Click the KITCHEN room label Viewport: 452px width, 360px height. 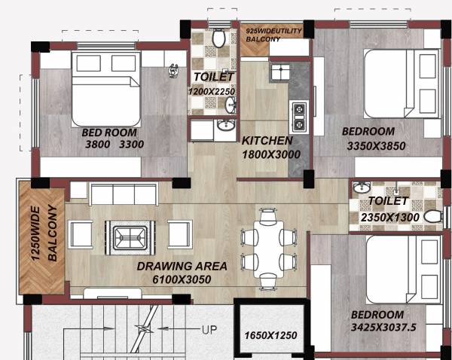click(x=267, y=141)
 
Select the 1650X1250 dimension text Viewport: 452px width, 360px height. click(x=270, y=334)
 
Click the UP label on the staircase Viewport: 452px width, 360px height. click(x=213, y=330)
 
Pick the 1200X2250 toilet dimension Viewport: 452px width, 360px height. click(x=213, y=90)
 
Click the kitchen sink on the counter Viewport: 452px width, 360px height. click(x=279, y=72)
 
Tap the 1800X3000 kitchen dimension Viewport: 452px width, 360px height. click(x=271, y=154)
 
